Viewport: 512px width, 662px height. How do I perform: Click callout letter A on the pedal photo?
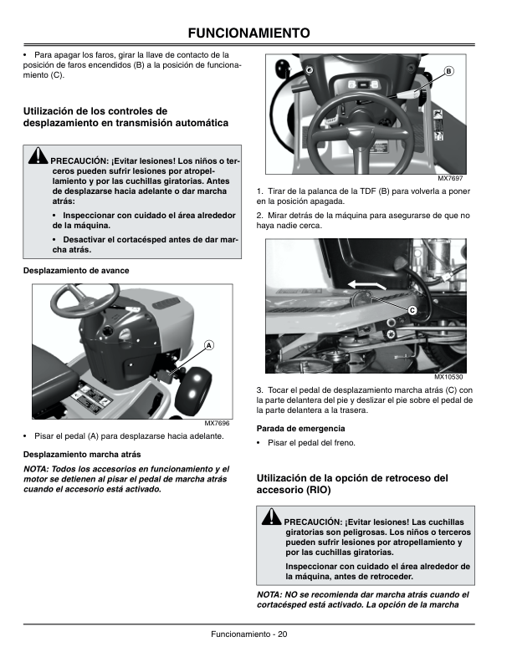[x=208, y=345]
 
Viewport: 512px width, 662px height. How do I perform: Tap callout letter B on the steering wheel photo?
[x=448, y=71]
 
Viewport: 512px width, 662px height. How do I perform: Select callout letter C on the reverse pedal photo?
[x=412, y=310]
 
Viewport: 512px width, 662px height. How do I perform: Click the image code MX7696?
[x=217, y=423]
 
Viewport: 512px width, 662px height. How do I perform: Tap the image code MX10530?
[x=448, y=377]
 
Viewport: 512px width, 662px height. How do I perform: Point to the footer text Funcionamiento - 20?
[x=249, y=634]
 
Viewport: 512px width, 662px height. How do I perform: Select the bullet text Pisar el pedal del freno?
[x=315, y=443]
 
